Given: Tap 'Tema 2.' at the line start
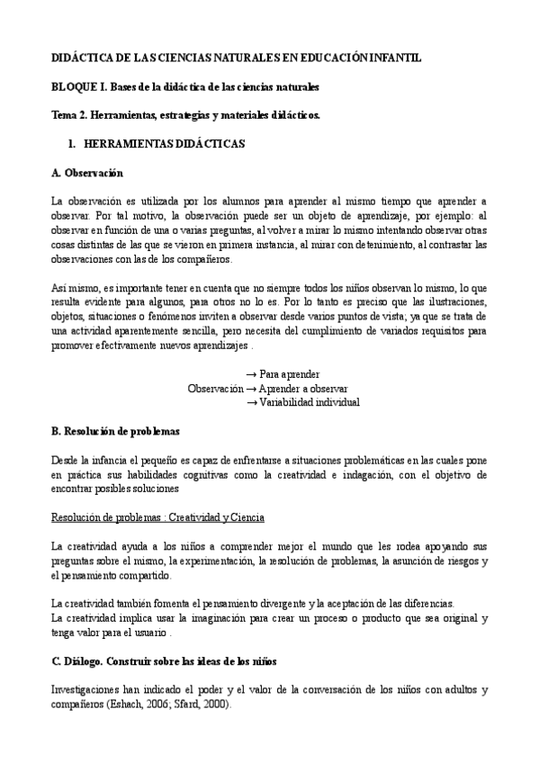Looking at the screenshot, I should point(69,115).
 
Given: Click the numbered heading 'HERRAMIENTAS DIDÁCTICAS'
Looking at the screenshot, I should point(164,143).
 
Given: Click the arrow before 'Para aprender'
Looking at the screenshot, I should point(251,374).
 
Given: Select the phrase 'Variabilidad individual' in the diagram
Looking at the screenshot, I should point(310,402).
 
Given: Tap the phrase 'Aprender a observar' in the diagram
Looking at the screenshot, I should point(303,389).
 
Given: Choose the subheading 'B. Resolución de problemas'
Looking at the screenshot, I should point(116,431).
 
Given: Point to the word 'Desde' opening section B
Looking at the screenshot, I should point(65,460).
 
